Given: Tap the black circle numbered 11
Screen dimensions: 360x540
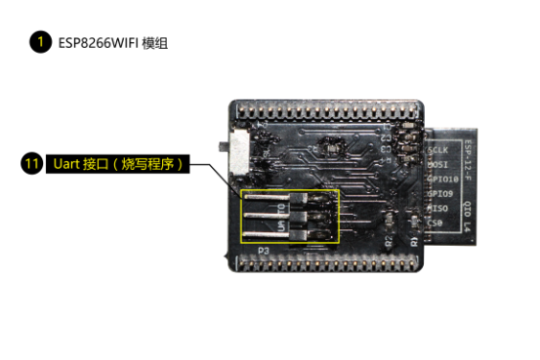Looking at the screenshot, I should point(30,164).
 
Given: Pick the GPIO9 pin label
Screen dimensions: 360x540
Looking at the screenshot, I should point(439,193).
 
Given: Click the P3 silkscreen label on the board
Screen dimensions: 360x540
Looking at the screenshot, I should point(263,251).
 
